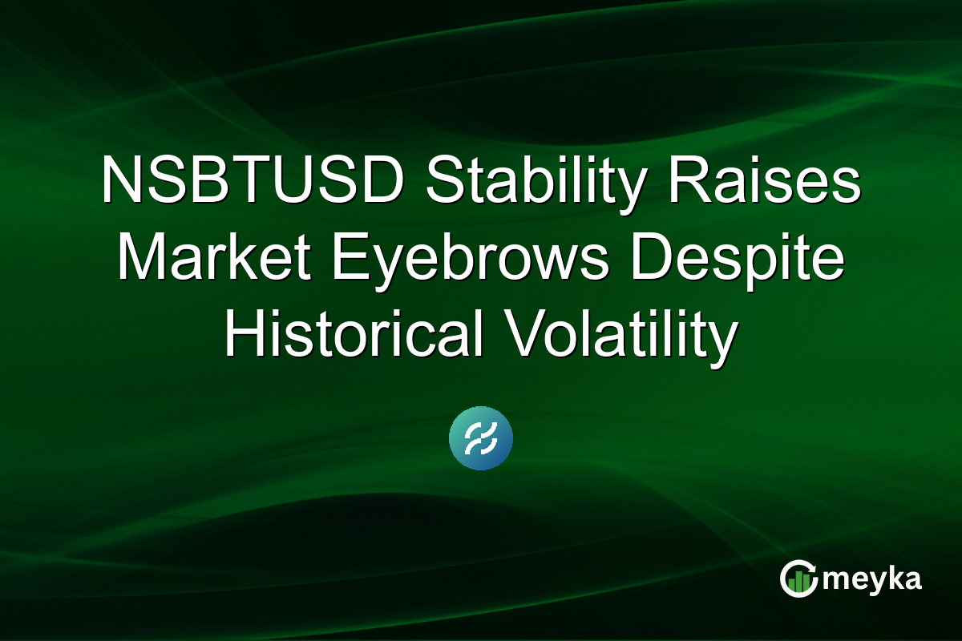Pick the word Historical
pos(354,337)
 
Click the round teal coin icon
pos(481,438)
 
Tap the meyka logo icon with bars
pos(798,579)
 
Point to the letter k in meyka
pos(891,579)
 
